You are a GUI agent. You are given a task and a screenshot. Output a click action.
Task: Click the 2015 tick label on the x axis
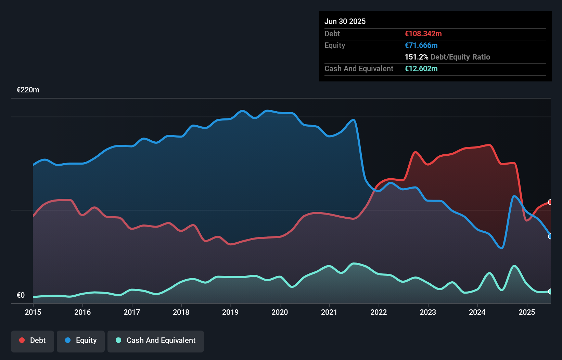click(x=33, y=312)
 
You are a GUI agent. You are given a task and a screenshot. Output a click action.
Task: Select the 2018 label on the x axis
click(x=181, y=312)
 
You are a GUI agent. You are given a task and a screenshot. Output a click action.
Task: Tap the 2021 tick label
click(x=329, y=312)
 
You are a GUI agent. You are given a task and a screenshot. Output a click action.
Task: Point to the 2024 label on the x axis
click(x=477, y=312)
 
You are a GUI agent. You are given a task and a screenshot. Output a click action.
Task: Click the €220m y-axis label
click(x=28, y=90)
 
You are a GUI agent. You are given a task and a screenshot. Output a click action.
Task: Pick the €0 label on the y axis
click(x=21, y=295)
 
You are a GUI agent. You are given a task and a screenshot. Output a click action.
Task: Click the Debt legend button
click(x=33, y=340)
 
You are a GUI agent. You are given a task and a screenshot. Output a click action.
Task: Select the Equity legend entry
click(x=81, y=340)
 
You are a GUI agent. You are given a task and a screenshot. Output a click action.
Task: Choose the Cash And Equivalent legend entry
click(x=156, y=340)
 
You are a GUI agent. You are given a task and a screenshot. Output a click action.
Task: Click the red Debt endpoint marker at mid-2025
click(x=550, y=202)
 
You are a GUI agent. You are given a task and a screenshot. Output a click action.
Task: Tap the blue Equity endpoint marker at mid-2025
click(x=550, y=236)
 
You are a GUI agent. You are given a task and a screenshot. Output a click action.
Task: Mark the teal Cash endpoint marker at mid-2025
click(x=550, y=292)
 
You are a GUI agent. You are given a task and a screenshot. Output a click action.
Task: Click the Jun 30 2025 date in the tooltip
click(x=345, y=21)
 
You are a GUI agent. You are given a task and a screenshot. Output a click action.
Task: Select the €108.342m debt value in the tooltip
click(x=423, y=34)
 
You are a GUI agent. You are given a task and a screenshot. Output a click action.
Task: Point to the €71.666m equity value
click(x=421, y=45)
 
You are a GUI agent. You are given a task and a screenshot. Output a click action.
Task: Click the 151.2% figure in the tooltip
click(x=416, y=57)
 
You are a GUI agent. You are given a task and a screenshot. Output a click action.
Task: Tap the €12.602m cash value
click(x=421, y=68)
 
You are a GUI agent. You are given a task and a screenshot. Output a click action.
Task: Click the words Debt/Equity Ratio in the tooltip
click(x=460, y=57)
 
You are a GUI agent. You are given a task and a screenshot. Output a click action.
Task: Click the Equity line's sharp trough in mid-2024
click(x=502, y=248)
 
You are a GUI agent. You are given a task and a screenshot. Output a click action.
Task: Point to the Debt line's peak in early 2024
click(x=490, y=145)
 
